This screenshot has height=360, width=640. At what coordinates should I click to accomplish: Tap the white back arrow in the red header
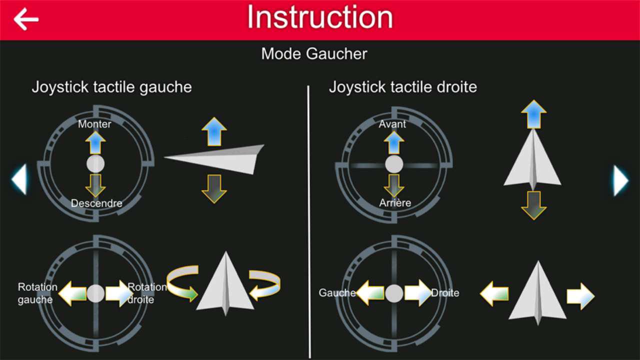tap(26, 19)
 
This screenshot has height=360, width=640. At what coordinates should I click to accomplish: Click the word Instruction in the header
tap(320, 17)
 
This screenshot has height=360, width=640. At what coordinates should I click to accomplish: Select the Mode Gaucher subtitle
tap(314, 53)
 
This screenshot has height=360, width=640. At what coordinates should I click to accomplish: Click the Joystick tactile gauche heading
tap(111, 87)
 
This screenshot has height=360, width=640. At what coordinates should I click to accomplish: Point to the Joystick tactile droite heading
tap(403, 87)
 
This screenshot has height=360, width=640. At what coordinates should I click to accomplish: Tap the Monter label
tap(94, 124)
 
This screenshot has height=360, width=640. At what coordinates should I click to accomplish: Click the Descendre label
tap(96, 203)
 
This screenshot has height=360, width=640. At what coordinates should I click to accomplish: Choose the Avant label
tap(392, 124)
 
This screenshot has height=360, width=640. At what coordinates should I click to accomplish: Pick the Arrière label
tap(395, 202)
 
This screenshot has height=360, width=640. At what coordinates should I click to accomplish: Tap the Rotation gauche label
tap(37, 293)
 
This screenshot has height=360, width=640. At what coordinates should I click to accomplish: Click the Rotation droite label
tap(147, 293)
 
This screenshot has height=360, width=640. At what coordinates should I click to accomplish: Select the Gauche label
tap(337, 292)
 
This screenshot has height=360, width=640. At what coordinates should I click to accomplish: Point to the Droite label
tap(445, 293)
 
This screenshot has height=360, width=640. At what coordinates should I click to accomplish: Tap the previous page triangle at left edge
tap(19, 179)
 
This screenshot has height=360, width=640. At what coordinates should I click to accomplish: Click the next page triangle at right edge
tap(621, 180)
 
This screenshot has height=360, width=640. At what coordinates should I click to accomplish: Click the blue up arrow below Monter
tap(95, 143)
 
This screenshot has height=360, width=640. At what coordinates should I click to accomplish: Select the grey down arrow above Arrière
tap(394, 186)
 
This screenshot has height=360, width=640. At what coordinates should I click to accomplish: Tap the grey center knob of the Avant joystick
tap(394, 164)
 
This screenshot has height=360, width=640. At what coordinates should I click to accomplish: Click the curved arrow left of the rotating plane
tap(182, 282)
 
